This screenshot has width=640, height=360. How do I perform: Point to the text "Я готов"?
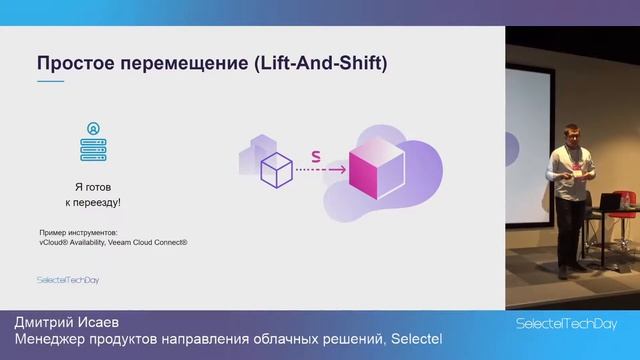coord(94,187)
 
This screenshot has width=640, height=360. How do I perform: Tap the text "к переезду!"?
coord(94,202)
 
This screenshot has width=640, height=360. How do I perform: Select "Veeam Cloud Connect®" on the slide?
coord(150,242)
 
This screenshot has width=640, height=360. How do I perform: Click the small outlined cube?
coord(275,171)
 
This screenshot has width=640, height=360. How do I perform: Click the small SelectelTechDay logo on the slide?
coord(67,280)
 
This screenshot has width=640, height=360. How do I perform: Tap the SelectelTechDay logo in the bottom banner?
coord(565,325)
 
